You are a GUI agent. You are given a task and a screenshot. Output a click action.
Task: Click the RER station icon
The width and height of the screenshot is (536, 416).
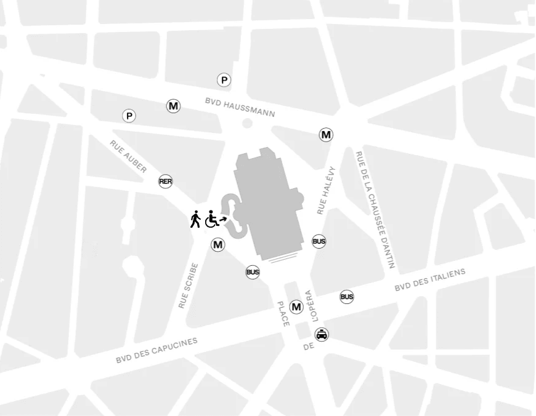point(165,182)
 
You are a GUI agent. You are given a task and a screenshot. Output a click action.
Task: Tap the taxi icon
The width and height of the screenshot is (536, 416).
point(322,335)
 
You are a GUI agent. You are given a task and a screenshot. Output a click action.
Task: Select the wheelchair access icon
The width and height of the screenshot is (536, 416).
point(211,219)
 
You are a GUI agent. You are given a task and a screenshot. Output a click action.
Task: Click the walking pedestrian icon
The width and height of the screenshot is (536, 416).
point(195,219)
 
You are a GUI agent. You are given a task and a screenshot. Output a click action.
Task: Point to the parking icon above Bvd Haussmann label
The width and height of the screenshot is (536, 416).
point(224,80)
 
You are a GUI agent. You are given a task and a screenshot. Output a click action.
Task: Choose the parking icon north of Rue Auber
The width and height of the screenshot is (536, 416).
point(129,116)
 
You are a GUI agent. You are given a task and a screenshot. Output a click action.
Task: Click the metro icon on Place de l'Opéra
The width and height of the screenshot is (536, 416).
point(296,307)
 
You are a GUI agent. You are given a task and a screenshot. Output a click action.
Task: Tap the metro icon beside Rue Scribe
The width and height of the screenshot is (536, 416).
point(218,245)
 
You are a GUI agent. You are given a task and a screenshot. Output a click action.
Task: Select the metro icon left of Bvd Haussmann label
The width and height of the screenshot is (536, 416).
point(174,106)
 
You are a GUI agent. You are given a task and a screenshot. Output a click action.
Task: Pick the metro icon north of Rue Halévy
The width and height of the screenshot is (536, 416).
point(326,135)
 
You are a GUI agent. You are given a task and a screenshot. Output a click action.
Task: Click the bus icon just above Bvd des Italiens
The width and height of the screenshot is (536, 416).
point(347,297)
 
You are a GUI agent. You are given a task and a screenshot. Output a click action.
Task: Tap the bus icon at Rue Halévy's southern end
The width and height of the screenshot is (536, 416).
point(319,242)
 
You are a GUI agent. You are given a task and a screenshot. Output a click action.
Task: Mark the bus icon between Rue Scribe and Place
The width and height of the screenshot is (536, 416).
point(253,272)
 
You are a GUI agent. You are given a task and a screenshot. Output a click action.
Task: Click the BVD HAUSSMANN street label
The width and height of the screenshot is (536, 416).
point(240,107)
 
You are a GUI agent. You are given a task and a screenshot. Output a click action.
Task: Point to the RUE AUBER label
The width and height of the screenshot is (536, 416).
point(128,156)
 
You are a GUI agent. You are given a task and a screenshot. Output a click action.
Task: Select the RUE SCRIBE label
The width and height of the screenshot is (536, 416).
point(188,286)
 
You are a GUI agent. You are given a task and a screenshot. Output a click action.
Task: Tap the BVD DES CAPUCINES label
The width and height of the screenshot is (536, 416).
point(156,350)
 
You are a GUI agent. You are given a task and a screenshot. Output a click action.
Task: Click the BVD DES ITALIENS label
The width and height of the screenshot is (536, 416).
point(430,280)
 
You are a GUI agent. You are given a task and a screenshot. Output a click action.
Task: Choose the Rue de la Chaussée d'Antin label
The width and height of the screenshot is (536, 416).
point(375,210)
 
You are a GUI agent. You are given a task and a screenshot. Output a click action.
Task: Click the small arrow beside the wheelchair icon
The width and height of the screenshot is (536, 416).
point(223,218)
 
